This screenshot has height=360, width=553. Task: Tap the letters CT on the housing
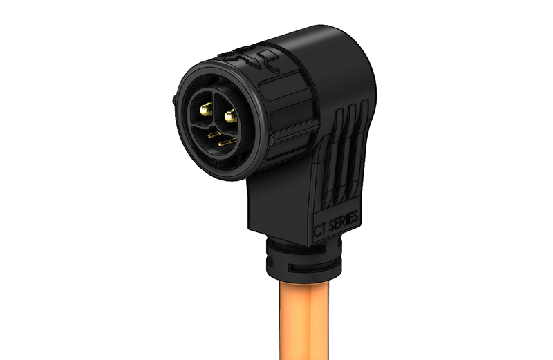[320, 230]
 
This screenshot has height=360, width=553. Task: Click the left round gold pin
[205, 109]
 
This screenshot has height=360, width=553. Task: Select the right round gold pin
[229, 115]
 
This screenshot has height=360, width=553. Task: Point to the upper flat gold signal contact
[214, 134]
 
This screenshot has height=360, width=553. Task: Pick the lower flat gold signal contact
[227, 142]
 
